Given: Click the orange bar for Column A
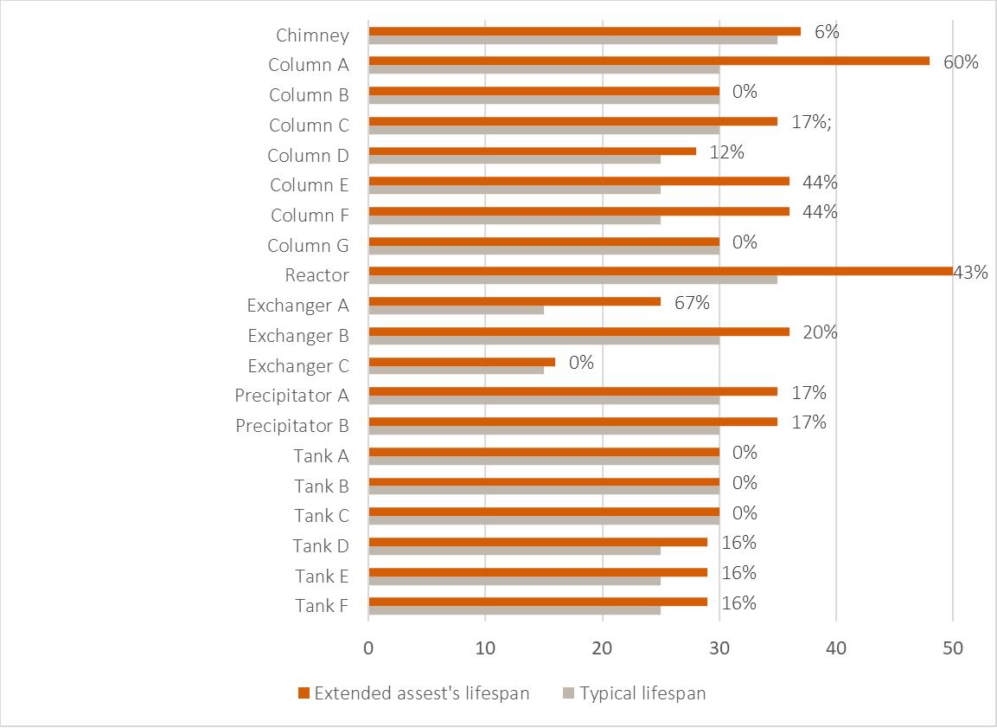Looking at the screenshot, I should coord(649,61).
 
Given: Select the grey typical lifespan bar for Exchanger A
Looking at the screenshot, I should coord(456,310).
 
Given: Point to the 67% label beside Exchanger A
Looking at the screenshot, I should coord(692,303).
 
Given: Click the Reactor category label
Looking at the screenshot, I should coord(317,276).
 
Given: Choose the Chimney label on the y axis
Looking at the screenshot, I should coord(313,35).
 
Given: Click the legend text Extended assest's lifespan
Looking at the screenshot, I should coord(421,693).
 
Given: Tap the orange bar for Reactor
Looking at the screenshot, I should coord(661,271).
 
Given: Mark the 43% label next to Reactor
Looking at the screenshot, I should coord(970,273).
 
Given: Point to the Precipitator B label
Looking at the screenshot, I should coord(292,426).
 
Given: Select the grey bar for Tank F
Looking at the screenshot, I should coord(514,610).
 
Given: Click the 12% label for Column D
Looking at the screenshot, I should coord(726,152).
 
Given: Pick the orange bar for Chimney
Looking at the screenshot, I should coord(585,31).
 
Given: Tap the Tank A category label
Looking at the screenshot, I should coord(321,456).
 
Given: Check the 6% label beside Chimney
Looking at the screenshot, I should coord(827,32).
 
